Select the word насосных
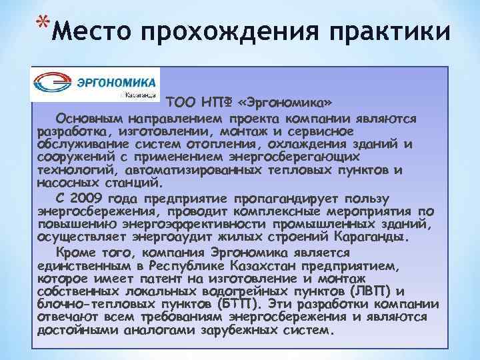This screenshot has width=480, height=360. coord(66,181)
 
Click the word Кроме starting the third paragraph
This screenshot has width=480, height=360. coord(75,253)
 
